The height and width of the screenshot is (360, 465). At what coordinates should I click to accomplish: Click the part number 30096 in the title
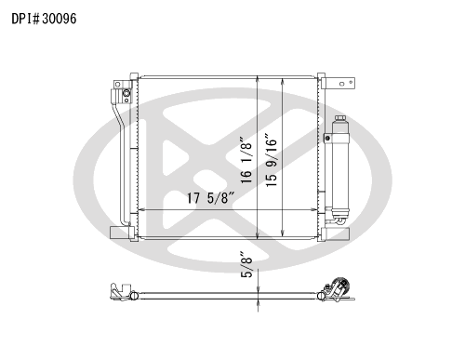[60, 19]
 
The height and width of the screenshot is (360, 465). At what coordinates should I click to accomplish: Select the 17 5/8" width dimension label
[210, 198]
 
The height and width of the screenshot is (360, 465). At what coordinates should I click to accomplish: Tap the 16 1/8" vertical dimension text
[246, 160]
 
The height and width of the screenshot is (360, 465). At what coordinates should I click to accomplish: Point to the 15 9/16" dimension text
[272, 160]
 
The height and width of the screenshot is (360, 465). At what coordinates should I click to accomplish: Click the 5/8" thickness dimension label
[246, 267]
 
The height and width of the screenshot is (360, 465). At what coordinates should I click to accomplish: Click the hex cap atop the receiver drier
[340, 118]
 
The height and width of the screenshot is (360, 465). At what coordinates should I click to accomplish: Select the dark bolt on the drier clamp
[327, 138]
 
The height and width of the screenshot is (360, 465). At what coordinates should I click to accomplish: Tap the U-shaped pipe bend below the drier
[339, 220]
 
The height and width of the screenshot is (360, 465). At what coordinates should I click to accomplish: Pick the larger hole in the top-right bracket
[342, 84]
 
